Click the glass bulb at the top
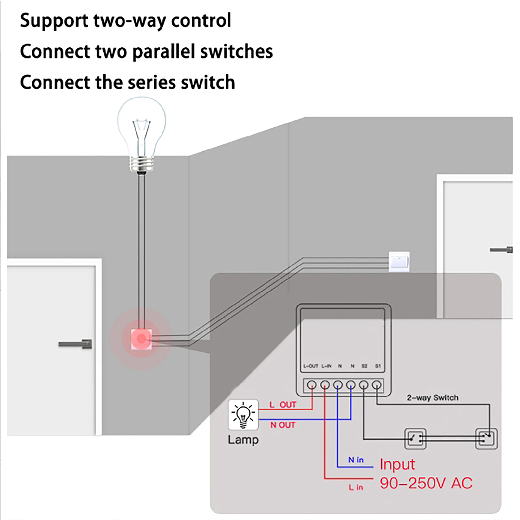(x=141, y=130)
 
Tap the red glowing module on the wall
(x=141, y=339)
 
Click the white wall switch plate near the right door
(x=399, y=261)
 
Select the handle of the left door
(x=76, y=344)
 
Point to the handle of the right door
(x=501, y=250)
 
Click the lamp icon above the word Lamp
(x=243, y=415)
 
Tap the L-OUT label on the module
(x=310, y=366)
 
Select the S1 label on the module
(x=378, y=366)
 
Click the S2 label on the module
(x=364, y=366)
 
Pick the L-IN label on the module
(x=326, y=366)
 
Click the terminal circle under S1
(x=376, y=385)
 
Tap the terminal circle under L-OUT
(x=312, y=385)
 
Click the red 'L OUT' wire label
(x=283, y=405)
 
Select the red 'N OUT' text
(x=283, y=425)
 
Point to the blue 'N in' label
(x=356, y=460)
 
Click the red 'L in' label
(x=356, y=487)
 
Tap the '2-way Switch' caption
(x=432, y=397)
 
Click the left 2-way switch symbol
(x=415, y=439)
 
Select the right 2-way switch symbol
(x=486, y=439)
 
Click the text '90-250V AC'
(x=426, y=483)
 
